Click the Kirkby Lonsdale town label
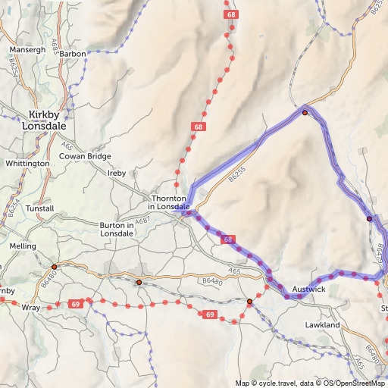click(48, 120)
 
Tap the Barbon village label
click(73, 55)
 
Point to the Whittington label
click(27, 163)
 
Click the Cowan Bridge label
click(86, 156)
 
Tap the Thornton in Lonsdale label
click(168, 202)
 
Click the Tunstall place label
click(39, 208)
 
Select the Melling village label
click(23, 247)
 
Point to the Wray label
click(30, 308)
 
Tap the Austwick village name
click(308, 289)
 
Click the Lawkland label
click(322, 324)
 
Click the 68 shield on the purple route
click(228, 239)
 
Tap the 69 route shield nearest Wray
click(75, 304)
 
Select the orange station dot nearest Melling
click(55, 267)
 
